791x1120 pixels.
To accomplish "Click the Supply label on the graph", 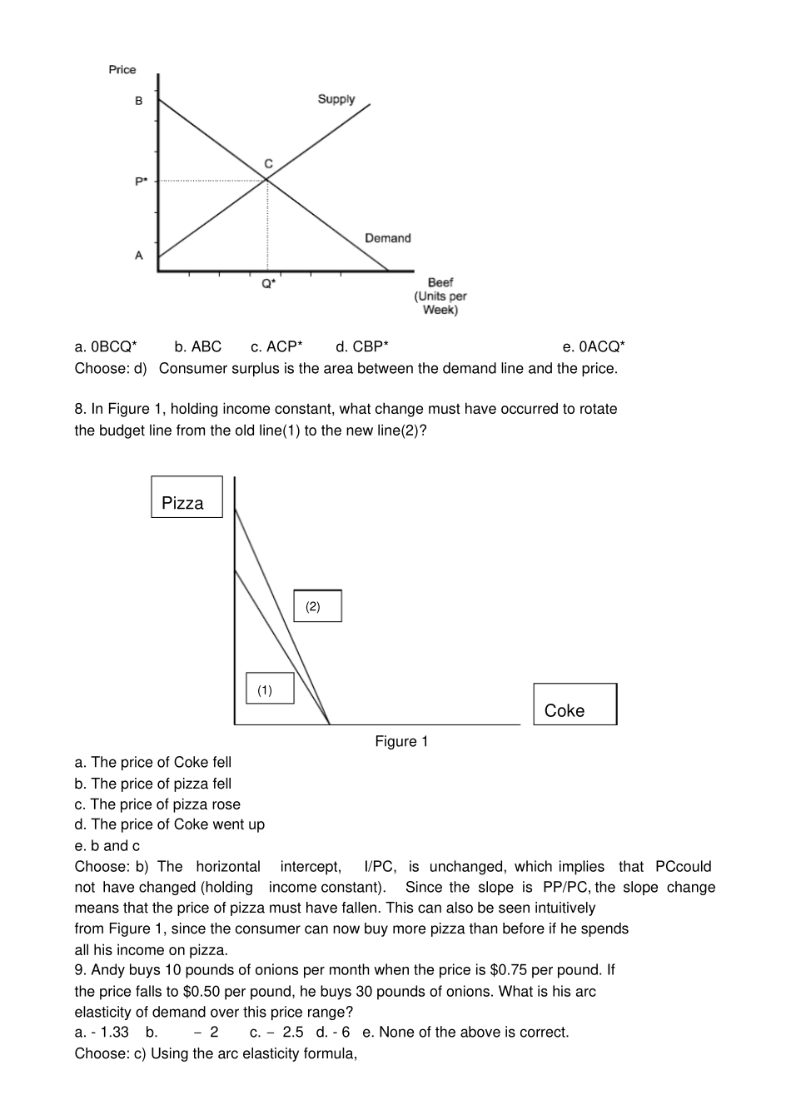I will [336, 99].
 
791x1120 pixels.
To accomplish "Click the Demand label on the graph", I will [387, 238].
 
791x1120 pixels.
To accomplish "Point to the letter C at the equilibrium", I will [268, 163].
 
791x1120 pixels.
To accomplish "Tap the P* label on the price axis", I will [141, 181].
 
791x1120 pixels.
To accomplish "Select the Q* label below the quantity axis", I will [268, 283].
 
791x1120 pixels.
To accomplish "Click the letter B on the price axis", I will [139, 101].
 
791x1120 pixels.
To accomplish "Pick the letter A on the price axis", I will [139, 256].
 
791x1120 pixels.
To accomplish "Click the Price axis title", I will [122, 70].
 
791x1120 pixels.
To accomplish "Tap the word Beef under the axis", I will [440, 282].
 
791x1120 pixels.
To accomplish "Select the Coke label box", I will [575, 704].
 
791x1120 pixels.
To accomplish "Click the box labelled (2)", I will [317, 606].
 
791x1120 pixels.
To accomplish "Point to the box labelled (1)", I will [270, 689].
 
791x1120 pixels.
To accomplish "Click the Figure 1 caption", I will [401, 741].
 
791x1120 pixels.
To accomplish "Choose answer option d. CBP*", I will [362, 346].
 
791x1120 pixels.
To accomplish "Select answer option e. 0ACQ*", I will [594, 346].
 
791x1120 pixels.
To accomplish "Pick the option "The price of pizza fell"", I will [153, 784].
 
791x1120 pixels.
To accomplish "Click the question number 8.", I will [80, 409].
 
